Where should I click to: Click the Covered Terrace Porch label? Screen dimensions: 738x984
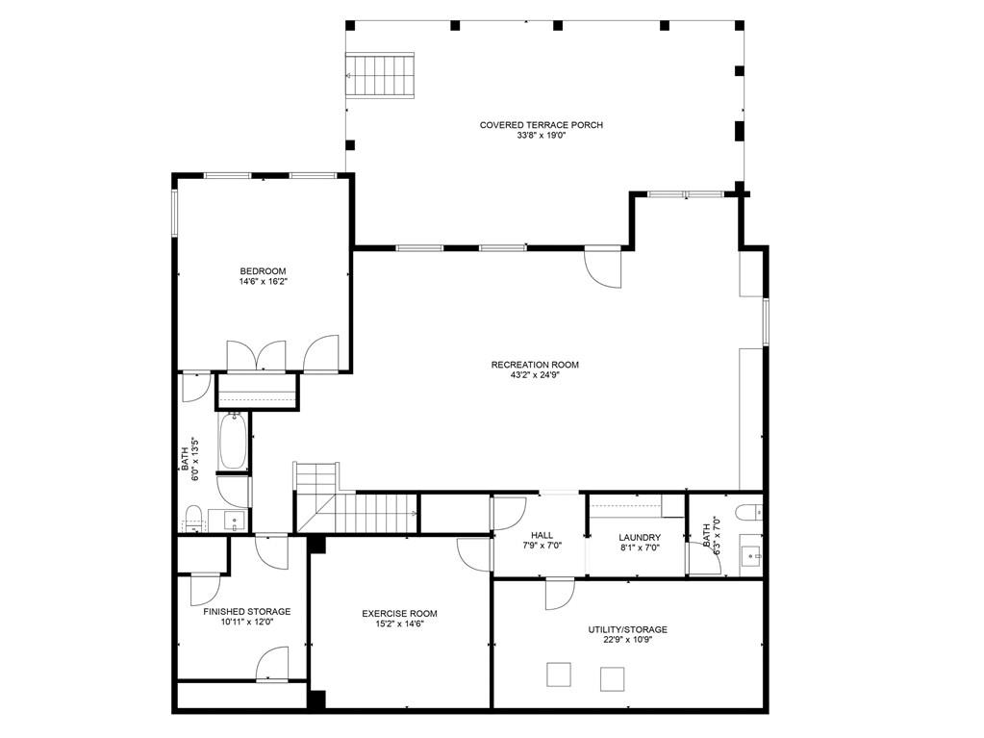(x=541, y=125)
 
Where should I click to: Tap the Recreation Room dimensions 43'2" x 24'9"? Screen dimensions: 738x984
(x=535, y=376)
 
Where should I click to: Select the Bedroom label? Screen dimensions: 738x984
(x=263, y=270)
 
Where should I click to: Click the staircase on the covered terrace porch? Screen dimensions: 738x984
(x=380, y=75)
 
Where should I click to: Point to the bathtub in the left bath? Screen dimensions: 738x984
(x=233, y=442)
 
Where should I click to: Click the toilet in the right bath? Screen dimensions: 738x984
(x=749, y=510)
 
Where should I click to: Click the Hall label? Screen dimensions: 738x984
(x=542, y=536)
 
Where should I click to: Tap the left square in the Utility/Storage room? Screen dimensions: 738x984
(x=559, y=674)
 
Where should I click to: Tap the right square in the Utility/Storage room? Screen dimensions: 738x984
(x=612, y=678)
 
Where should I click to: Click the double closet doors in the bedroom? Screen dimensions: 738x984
(x=256, y=355)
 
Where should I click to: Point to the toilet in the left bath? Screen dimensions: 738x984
(x=192, y=515)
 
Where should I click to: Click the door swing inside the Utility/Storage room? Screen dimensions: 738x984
(x=559, y=595)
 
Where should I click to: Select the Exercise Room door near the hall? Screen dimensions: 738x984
(x=474, y=554)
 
